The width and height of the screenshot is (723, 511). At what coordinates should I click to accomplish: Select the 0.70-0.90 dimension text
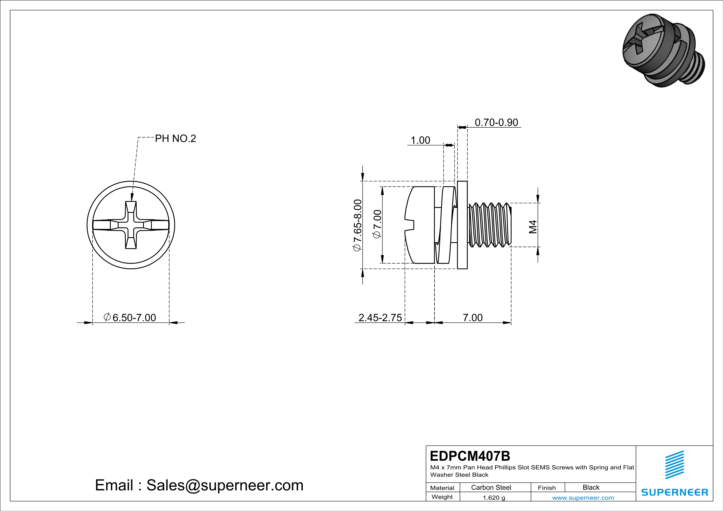click(496, 122)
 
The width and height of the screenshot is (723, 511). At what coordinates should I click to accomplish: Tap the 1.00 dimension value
click(420, 140)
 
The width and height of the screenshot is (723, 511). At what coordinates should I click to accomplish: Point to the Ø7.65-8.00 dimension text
click(357, 225)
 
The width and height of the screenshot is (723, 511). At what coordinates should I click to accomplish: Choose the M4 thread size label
click(533, 227)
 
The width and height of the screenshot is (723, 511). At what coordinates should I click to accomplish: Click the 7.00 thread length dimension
click(472, 318)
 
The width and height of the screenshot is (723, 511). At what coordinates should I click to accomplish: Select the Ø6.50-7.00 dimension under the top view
click(130, 318)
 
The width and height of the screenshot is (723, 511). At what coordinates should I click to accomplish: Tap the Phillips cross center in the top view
click(131, 225)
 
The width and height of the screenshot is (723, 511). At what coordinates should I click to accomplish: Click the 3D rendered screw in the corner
click(663, 50)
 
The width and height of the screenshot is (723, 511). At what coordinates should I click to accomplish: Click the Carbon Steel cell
click(491, 487)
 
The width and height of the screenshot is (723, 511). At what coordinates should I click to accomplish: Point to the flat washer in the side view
click(462, 225)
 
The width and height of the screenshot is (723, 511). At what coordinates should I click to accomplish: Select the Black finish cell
click(591, 487)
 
